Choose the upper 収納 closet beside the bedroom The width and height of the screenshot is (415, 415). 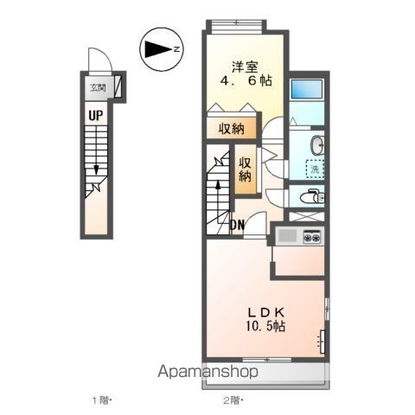pos(231,128)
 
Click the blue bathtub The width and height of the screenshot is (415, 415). pos(306,88)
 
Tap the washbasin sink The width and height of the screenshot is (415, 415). pos(316,144)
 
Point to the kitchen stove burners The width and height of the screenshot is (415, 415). pos(310,235)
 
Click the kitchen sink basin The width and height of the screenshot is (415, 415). pos(287,235)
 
